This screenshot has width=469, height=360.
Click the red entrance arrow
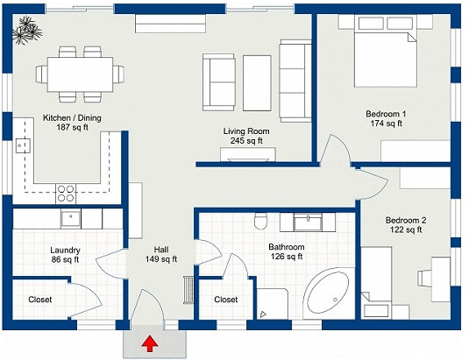(150, 343)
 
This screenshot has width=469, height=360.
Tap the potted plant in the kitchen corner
(27, 30)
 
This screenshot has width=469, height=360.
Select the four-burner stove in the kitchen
(66, 194)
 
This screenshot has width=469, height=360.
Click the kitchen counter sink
(23, 145)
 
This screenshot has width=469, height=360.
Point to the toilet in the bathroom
(260, 221)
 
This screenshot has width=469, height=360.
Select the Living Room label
(246, 131)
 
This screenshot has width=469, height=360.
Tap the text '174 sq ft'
(386, 124)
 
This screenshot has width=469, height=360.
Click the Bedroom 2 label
(406, 221)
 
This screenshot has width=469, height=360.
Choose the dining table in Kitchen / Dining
(80, 74)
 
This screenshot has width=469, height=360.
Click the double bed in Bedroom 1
(386, 51)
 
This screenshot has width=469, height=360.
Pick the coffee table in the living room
(257, 83)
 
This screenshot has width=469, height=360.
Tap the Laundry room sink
(71, 219)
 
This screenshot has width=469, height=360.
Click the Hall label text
(161, 250)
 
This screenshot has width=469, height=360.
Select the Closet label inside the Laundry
(40, 300)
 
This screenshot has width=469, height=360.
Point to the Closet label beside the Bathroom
(226, 300)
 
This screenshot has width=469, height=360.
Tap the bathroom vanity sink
(308, 222)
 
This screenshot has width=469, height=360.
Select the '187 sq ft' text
(73, 128)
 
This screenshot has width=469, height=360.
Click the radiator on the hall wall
(188, 290)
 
